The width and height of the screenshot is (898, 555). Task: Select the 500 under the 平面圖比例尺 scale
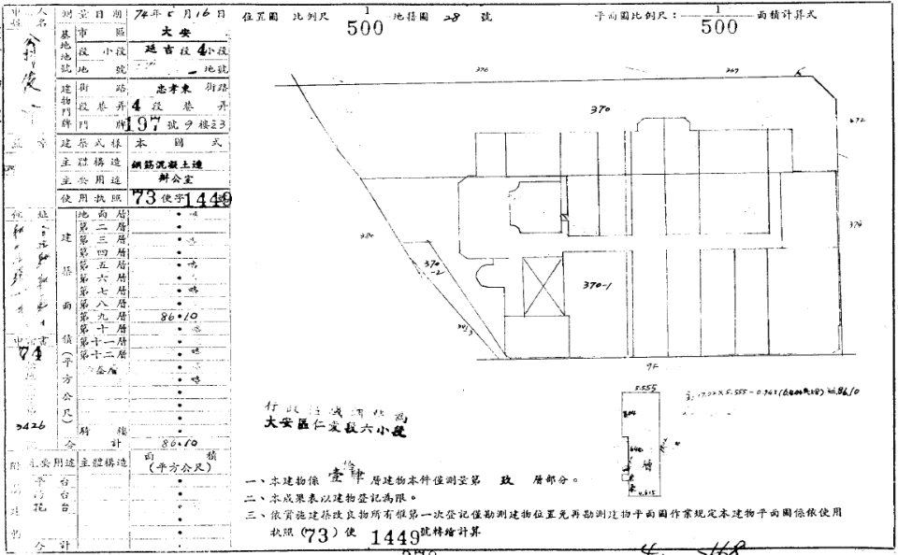(718, 28)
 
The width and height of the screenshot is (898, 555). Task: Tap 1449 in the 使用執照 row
(209, 199)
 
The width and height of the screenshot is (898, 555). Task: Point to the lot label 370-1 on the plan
(597, 285)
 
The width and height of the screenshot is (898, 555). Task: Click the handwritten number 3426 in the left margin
(28, 423)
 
